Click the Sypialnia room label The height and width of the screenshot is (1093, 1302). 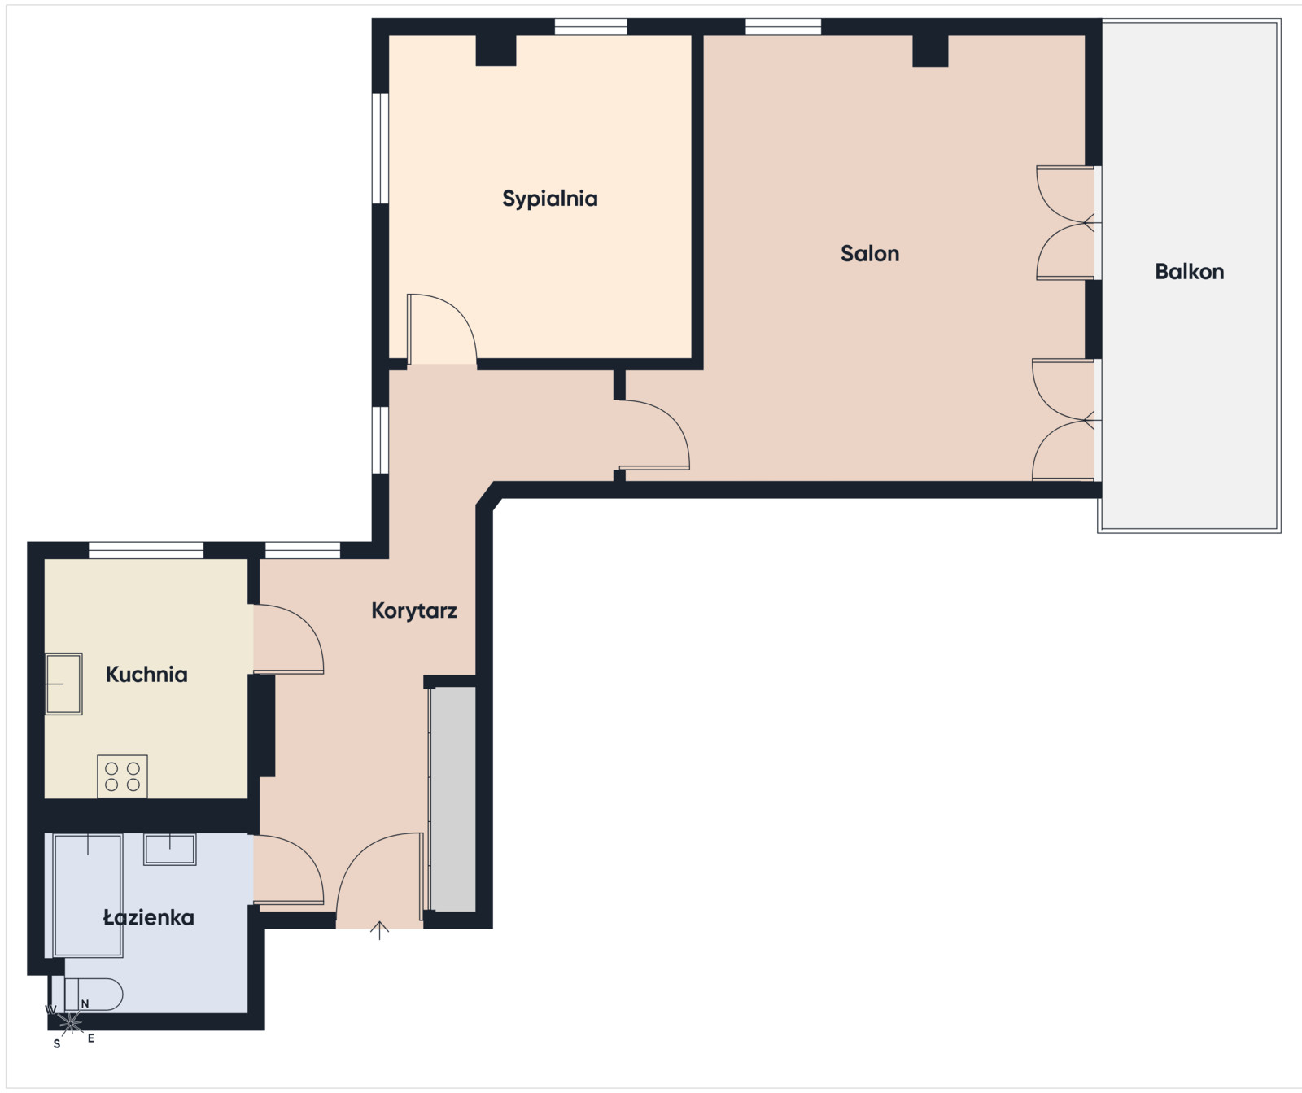click(x=549, y=199)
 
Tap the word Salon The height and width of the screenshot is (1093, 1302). click(x=870, y=254)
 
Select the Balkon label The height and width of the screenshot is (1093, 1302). click(x=1189, y=272)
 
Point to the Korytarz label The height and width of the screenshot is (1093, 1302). click(x=414, y=611)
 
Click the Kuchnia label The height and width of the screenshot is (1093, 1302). click(x=146, y=674)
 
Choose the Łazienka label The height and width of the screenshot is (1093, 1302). click(x=148, y=918)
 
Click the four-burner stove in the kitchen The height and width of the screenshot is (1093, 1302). click(x=122, y=776)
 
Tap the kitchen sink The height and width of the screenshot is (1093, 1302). click(x=63, y=684)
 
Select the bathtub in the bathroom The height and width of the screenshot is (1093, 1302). click(x=88, y=894)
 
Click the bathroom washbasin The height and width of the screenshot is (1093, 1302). click(x=170, y=849)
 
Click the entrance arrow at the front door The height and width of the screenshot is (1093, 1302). click(x=379, y=930)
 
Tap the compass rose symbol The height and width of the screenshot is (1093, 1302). click(x=70, y=1022)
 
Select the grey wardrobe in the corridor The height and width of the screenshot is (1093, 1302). click(x=452, y=799)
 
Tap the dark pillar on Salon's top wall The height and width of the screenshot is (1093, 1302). click(x=930, y=50)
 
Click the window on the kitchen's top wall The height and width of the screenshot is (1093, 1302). click(x=146, y=550)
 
